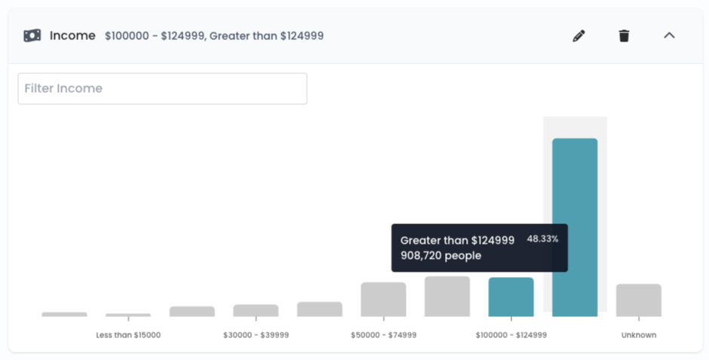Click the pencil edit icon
click(579, 35)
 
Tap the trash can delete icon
click(624, 35)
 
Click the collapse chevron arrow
click(669, 35)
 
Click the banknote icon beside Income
click(32, 35)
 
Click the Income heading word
click(72, 35)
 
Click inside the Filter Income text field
click(162, 88)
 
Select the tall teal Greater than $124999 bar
click(575, 227)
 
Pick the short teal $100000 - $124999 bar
click(511, 297)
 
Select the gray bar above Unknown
click(638, 300)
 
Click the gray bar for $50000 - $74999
click(383, 300)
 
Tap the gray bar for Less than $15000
click(128, 315)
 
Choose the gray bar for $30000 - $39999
click(256, 310)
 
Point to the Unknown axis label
click(638, 335)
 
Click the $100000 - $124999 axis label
click(511, 335)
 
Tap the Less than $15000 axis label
click(128, 335)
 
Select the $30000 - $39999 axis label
click(256, 335)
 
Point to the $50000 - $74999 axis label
click(383, 335)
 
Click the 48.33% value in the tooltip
click(542, 238)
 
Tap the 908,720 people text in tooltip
click(441, 256)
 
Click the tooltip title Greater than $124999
click(458, 240)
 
